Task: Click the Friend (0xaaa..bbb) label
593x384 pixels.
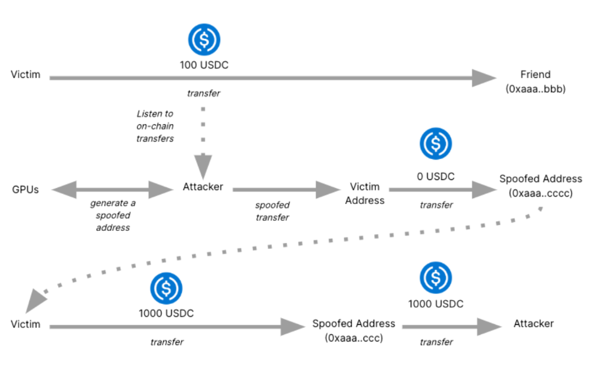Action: point(535,82)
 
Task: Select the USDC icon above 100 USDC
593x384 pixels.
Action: point(204,39)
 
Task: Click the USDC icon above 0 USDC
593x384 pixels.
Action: point(436,143)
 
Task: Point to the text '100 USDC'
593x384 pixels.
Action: point(204,64)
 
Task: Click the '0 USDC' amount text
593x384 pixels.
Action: point(436,176)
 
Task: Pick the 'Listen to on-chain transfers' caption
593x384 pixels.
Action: point(155,126)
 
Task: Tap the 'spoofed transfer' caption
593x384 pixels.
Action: point(272,211)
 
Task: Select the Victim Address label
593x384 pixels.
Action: point(365,194)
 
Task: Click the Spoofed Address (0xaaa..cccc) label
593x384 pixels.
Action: point(540,185)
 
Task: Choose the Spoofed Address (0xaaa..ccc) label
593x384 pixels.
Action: point(353,330)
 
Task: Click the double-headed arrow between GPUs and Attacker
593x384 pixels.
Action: point(112,190)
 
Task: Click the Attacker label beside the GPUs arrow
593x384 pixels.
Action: point(203,187)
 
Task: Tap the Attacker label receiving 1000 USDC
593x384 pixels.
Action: point(533,324)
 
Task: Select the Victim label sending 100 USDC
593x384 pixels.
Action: point(26,75)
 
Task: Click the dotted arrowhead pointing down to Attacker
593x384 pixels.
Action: point(203,163)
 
